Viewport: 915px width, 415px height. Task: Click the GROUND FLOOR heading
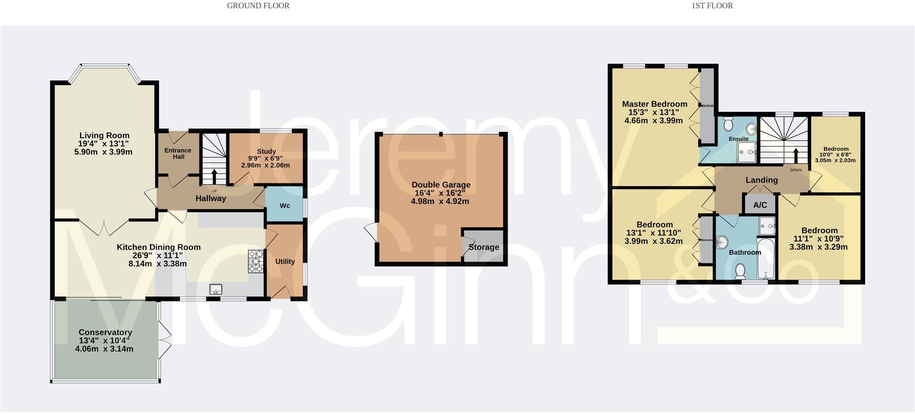(258, 6)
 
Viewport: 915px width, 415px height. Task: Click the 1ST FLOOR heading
(712, 6)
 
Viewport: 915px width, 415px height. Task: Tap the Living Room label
(104, 135)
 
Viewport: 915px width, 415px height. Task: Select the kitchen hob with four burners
(256, 262)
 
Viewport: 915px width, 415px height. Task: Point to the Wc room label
(285, 205)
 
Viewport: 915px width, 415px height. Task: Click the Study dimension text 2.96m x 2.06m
(265, 165)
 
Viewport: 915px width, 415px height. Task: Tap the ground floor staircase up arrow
(213, 176)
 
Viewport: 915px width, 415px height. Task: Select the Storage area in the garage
(483, 247)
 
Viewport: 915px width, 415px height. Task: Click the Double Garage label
(441, 184)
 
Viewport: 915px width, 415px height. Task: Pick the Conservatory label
(105, 332)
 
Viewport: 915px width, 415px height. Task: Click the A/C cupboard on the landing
(760, 205)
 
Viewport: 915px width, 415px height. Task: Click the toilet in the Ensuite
(728, 125)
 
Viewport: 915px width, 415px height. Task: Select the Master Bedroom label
(654, 104)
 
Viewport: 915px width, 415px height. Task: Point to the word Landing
(761, 180)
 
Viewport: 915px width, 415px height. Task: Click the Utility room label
(285, 261)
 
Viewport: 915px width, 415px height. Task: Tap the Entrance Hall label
(178, 153)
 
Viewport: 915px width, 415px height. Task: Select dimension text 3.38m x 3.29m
(818, 247)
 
